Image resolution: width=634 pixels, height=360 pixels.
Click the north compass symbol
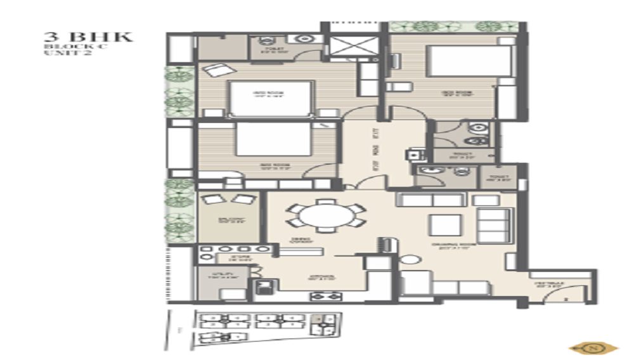[594, 347]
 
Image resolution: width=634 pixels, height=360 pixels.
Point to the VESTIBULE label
[546, 286]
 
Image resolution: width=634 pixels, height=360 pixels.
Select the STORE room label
[228, 259]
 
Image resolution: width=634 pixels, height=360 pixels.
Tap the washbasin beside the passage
[416, 153]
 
